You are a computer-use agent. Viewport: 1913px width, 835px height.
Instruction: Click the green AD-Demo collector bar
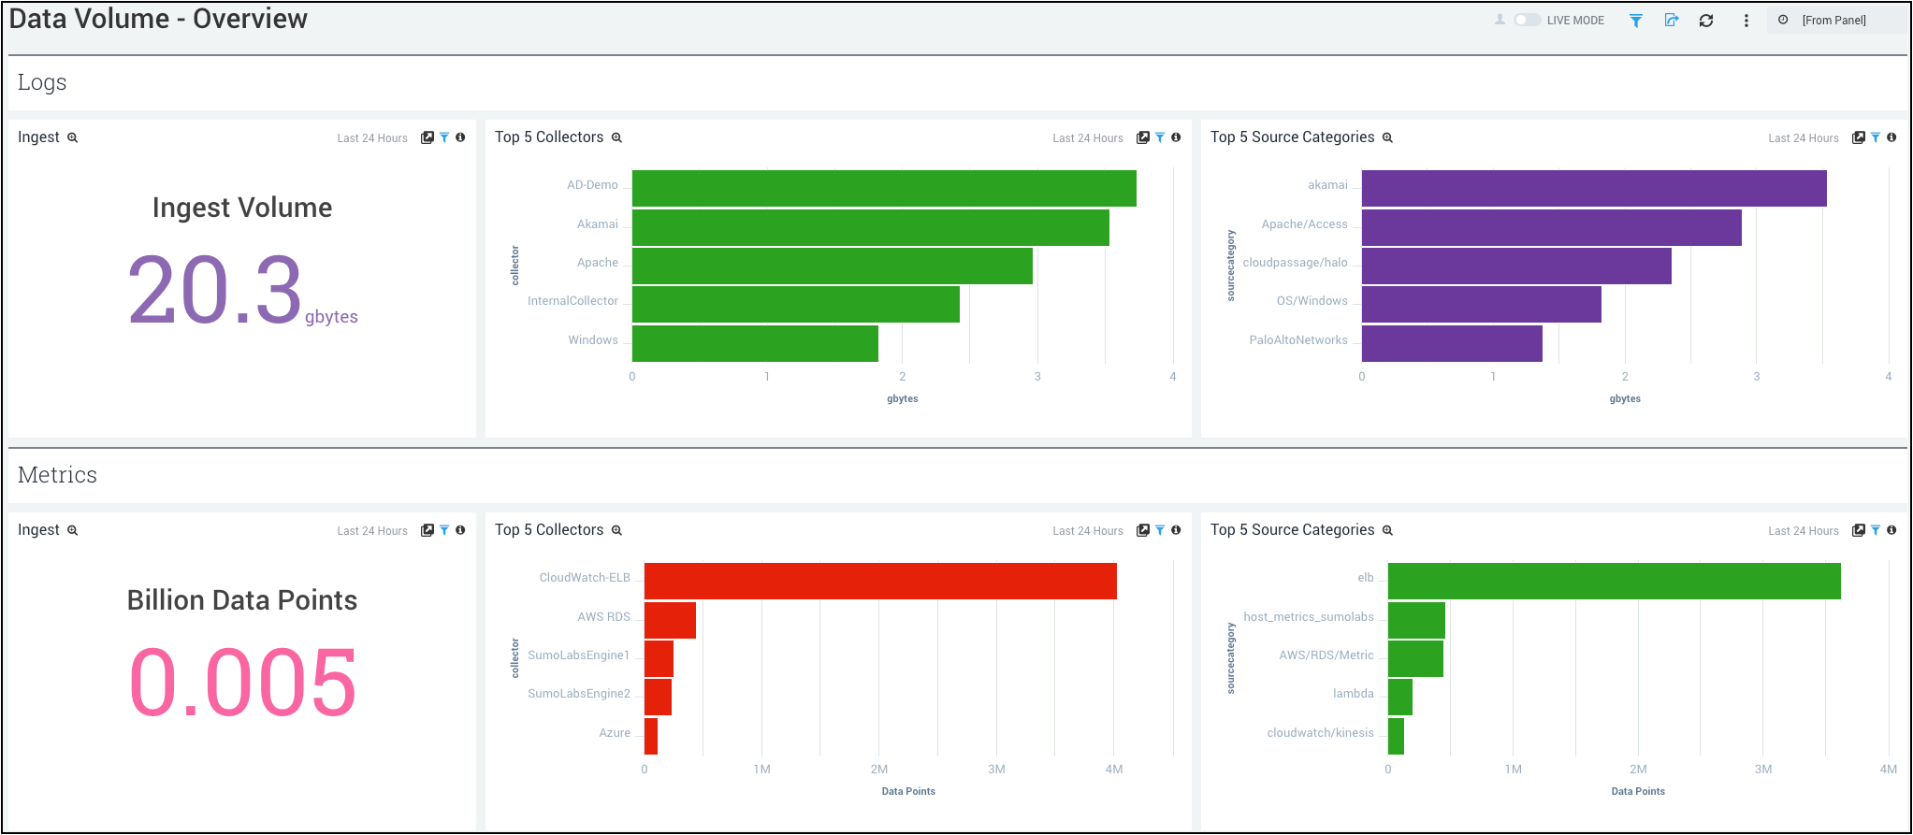pos(884,188)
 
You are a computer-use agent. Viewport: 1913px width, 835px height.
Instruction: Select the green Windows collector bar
pos(755,343)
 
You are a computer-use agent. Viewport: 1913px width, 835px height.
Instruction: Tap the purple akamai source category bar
pos(1594,188)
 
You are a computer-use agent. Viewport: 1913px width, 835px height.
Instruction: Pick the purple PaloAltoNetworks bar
pos(1452,343)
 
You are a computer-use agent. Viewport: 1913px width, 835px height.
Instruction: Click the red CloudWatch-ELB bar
pos(880,581)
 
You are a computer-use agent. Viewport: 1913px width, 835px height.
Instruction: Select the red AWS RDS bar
pos(670,620)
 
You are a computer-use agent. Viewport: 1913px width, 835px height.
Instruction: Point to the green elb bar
pos(1614,581)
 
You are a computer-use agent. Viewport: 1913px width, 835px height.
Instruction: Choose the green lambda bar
pos(1399,697)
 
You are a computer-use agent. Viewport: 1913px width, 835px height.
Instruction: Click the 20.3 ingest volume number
pos(215,291)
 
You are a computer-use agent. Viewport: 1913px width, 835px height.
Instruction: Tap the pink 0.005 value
pos(242,684)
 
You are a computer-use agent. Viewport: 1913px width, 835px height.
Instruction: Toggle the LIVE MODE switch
pos(1527,20)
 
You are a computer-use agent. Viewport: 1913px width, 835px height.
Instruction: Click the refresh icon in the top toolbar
pos(1706,21)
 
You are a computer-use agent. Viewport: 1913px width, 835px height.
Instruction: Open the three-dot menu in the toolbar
pos(1746,21)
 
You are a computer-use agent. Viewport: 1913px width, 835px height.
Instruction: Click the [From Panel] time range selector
pos(1833,21)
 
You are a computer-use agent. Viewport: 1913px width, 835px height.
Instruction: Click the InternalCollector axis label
pos(572,301)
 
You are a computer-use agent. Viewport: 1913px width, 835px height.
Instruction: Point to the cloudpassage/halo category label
pos(1295,263)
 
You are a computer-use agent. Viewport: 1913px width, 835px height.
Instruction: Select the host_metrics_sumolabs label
pos(1308,617)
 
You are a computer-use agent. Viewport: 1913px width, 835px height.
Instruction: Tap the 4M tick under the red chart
pos(1113,770)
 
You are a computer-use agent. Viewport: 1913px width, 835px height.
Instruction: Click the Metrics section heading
pos(57,475)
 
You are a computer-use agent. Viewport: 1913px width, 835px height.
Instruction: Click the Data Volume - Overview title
pos(158,19)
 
